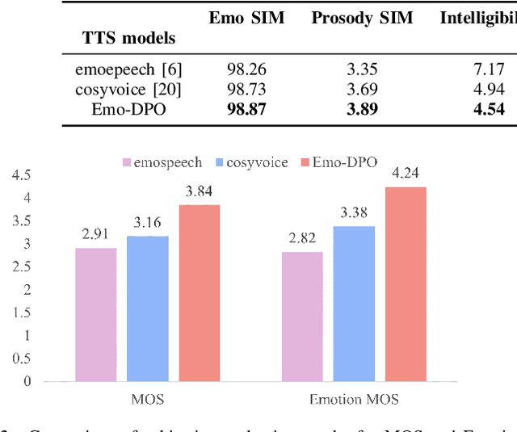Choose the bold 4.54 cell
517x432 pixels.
488,110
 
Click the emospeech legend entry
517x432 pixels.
157,162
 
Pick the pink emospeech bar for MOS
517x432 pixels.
95,314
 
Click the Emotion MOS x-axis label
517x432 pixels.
354,399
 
